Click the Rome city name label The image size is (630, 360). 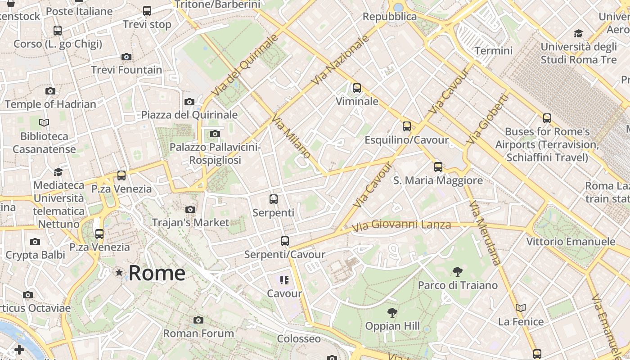click(x=157, y=273)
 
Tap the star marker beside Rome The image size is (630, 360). click(x=119, y=272)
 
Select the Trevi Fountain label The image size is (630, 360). click(x=126, y=70)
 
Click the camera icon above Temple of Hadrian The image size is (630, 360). click(x=50, y=91)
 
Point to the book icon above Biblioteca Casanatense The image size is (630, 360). click(x=44, y=122)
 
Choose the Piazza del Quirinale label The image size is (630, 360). click(x=189, y=115)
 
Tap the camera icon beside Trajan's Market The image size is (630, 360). click(x=190, y=209)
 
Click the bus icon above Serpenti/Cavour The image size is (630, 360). click(x=284, y=241)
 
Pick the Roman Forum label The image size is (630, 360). click(x=198, y=333)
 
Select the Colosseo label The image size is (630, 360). click(x=299, y=338)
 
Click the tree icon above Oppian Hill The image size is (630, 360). click(x=392, y=313)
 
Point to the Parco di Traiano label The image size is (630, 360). click(x=458, y=285)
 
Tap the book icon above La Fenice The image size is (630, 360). click(x=521, y=308)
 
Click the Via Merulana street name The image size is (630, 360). click(x=485, y=233)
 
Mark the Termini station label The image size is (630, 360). click(x=494, y=50)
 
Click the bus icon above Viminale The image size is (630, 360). click(x=357, y=88)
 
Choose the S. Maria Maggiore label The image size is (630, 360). click(x=438, y=180)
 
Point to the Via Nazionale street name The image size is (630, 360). click(x=341, y=60)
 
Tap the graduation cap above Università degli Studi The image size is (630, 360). click(x=578, y=33)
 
